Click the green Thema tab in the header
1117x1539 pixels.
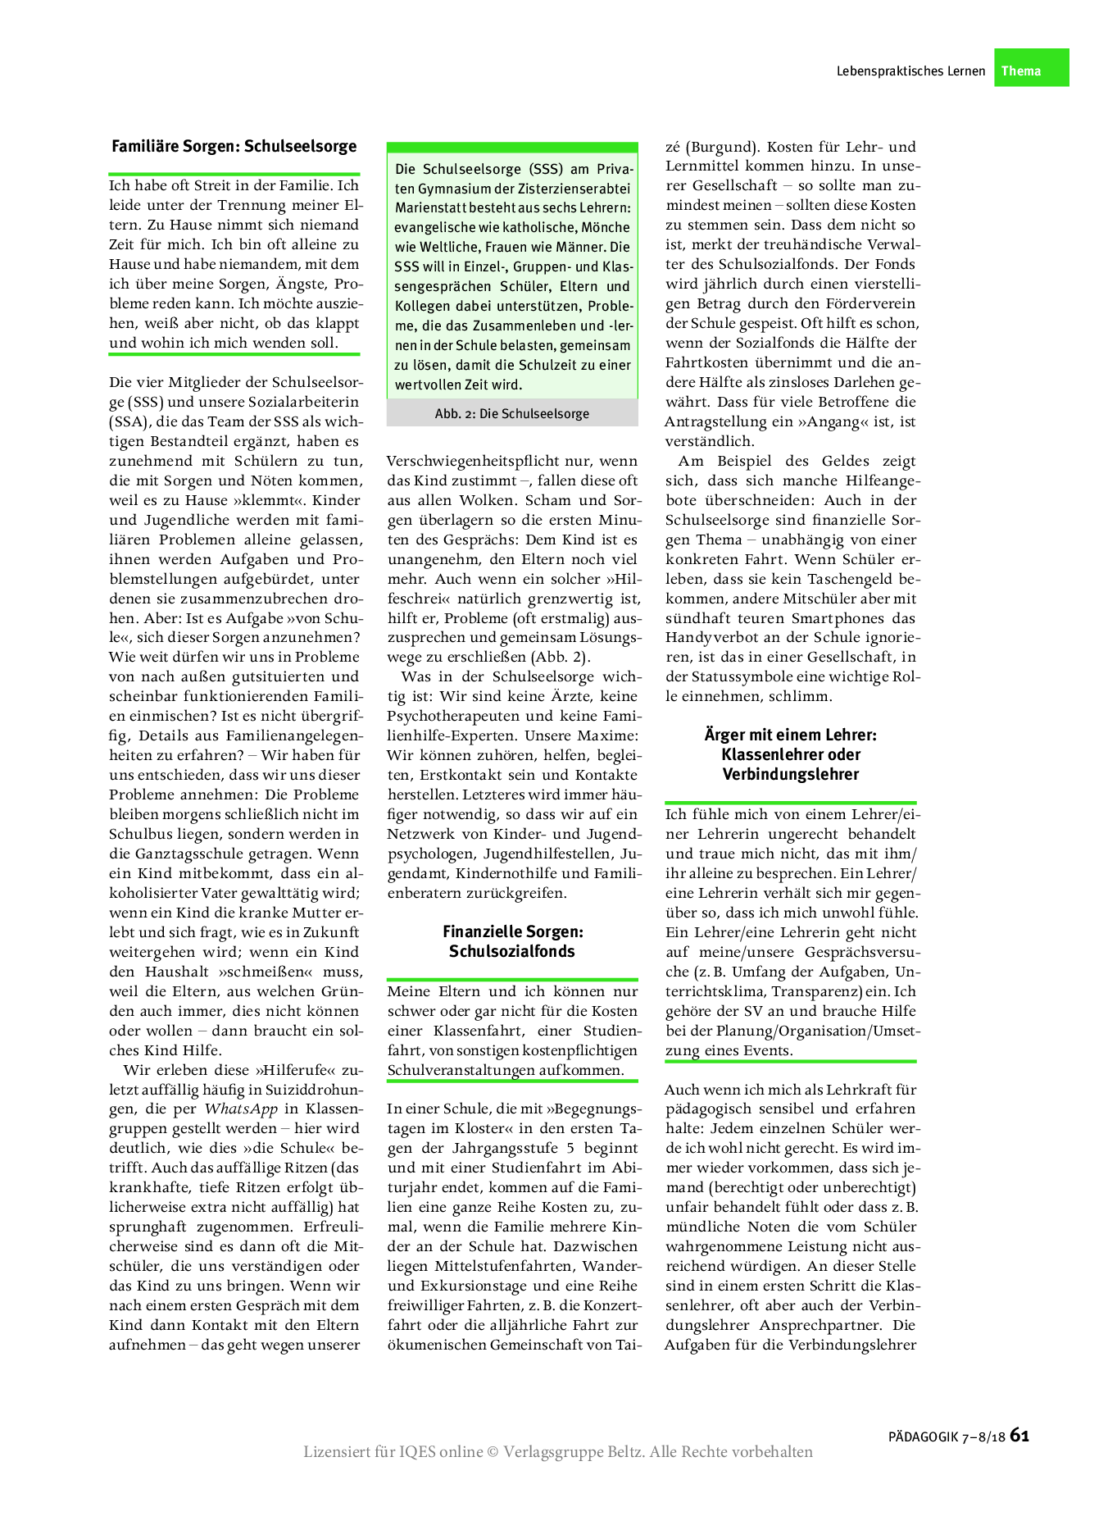(1030, 70)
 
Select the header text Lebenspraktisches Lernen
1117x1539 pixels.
(910, 71)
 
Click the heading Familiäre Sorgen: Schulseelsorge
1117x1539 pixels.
(234, 147)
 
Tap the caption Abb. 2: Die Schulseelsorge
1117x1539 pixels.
(511, 414)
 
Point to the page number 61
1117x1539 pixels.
(1019, 1435)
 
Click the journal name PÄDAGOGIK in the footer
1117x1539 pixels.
(923, 1437)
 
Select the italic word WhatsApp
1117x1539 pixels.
(241, 1109)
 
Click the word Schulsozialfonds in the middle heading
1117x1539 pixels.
(511, 951)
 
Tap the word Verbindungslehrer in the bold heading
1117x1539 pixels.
(790, 774)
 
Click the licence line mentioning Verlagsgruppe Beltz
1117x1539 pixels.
(557, 1452)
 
